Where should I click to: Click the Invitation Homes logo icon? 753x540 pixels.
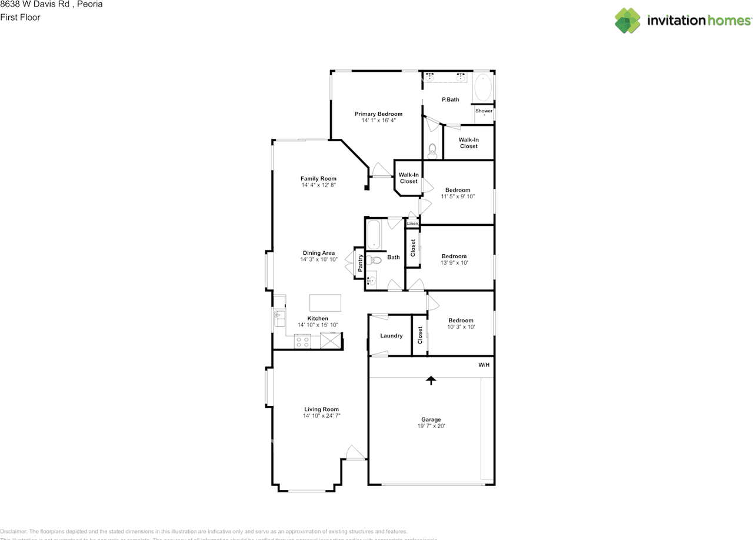point(628,21)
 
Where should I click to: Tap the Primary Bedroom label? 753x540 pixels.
point(378,114)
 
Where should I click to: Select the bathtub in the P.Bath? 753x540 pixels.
point(483,88)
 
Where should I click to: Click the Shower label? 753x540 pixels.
point(484,111)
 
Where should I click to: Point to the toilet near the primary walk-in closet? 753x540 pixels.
point(433,151)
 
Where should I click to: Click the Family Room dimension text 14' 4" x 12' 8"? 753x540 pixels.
point(318,185)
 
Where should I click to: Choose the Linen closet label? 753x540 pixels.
point(412,224)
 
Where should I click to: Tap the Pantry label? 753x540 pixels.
point(360,262)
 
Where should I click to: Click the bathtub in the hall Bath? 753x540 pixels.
point(374,234)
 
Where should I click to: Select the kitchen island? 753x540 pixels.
point(325,302)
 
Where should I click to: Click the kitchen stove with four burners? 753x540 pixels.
point(302,341)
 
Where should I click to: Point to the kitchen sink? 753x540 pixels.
point(279,319)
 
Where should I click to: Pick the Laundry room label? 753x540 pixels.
point(391,336)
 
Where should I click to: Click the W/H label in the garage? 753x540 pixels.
point(484,365)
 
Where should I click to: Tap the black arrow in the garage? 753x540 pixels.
point(431,380)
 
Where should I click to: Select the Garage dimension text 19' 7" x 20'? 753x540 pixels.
point(431,426)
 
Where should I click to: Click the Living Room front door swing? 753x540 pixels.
point(355,453)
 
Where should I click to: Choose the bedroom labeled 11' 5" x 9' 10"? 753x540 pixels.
point(458,193)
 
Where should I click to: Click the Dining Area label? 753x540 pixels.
point(318,253)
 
